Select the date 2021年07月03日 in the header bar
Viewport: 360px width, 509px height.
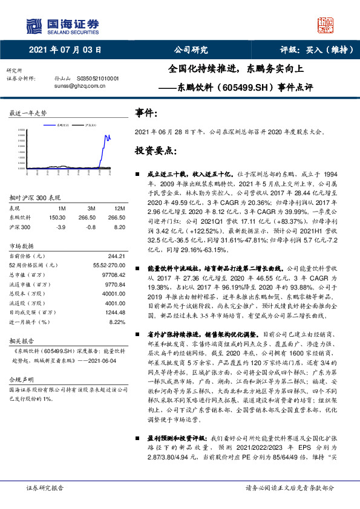click(x=65, y=50)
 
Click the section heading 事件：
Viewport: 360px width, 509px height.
click(x=146, y=113)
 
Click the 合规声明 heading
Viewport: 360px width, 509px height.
click(x=20, y=379)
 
